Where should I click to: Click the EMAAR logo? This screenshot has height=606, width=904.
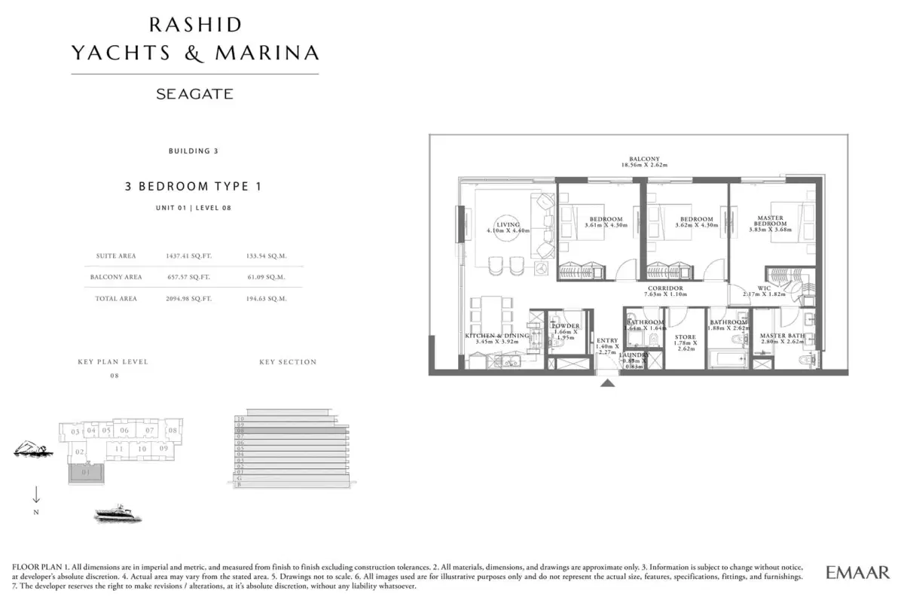[x=857, y=573]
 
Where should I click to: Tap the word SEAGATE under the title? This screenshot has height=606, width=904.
[x=194, y=95]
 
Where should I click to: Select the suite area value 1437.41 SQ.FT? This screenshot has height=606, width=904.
[x=189, y=256]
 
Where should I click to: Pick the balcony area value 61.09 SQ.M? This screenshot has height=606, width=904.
[x=267, y=277]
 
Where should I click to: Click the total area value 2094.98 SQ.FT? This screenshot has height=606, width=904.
[x=189, y=299]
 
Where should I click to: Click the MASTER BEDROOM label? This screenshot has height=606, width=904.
[x=771, y=221]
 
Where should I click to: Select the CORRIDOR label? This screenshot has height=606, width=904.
[x=664, y=288]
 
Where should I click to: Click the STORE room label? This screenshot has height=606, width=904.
[x=685, y=338]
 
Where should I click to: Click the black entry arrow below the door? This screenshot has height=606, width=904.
[x=608, y=384]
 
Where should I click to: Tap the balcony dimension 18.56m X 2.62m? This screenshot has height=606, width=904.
[x=644, y=165]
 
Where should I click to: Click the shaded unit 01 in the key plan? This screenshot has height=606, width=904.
[x=85, y=473]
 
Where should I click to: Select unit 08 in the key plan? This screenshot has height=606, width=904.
[x=173, y=431]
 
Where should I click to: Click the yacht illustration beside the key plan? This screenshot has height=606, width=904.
[x=118, y=514]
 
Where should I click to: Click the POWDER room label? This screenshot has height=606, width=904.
[x=565, y=326]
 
